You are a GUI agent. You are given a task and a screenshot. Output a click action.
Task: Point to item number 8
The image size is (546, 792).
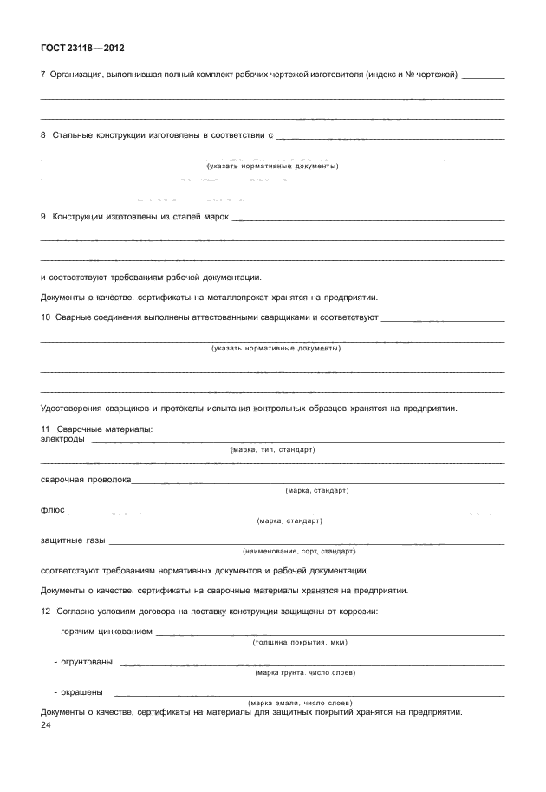pos(43,136)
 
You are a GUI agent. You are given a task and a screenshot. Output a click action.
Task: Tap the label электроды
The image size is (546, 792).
pos(62,439)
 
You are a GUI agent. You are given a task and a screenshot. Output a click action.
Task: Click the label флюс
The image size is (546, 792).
pos(52,509)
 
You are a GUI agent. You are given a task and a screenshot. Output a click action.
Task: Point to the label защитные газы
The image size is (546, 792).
pos(73,540)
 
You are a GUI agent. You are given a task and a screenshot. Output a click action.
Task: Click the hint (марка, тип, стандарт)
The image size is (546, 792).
pos(272,450)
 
